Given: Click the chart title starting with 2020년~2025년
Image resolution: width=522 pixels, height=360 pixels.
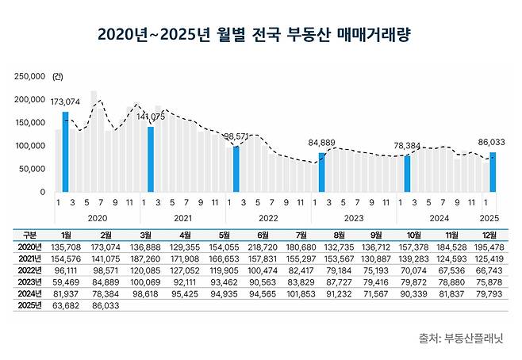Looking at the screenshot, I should point(260,36).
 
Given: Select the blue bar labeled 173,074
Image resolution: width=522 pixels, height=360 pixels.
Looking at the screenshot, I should point(65,152).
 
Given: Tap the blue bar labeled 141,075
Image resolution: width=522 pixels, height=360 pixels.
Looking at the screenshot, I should point(151,159).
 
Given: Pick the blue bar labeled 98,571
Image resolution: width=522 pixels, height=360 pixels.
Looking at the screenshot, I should point(236,168).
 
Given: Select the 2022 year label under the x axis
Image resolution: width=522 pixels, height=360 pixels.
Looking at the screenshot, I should point(268,217).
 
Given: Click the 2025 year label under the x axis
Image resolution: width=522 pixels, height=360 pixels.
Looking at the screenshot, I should point(489,217).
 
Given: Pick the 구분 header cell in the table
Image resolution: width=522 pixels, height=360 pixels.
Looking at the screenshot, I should point(30,235).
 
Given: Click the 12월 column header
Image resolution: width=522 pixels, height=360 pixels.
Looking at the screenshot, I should point(490,235).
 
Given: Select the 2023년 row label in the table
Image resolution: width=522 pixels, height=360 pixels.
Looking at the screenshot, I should point(30,280).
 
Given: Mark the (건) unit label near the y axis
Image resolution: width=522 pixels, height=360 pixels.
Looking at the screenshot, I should point(57,77).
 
